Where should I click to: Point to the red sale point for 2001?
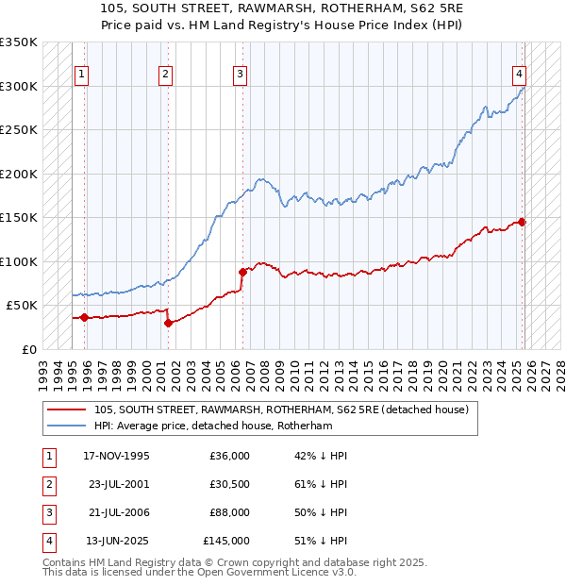point(168,323)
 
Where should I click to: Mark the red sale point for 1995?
point(85,318)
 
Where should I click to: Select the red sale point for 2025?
point(522,223)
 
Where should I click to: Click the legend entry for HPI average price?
point(213,426)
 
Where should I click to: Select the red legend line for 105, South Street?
point(66,409)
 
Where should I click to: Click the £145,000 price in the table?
point(225,541)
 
